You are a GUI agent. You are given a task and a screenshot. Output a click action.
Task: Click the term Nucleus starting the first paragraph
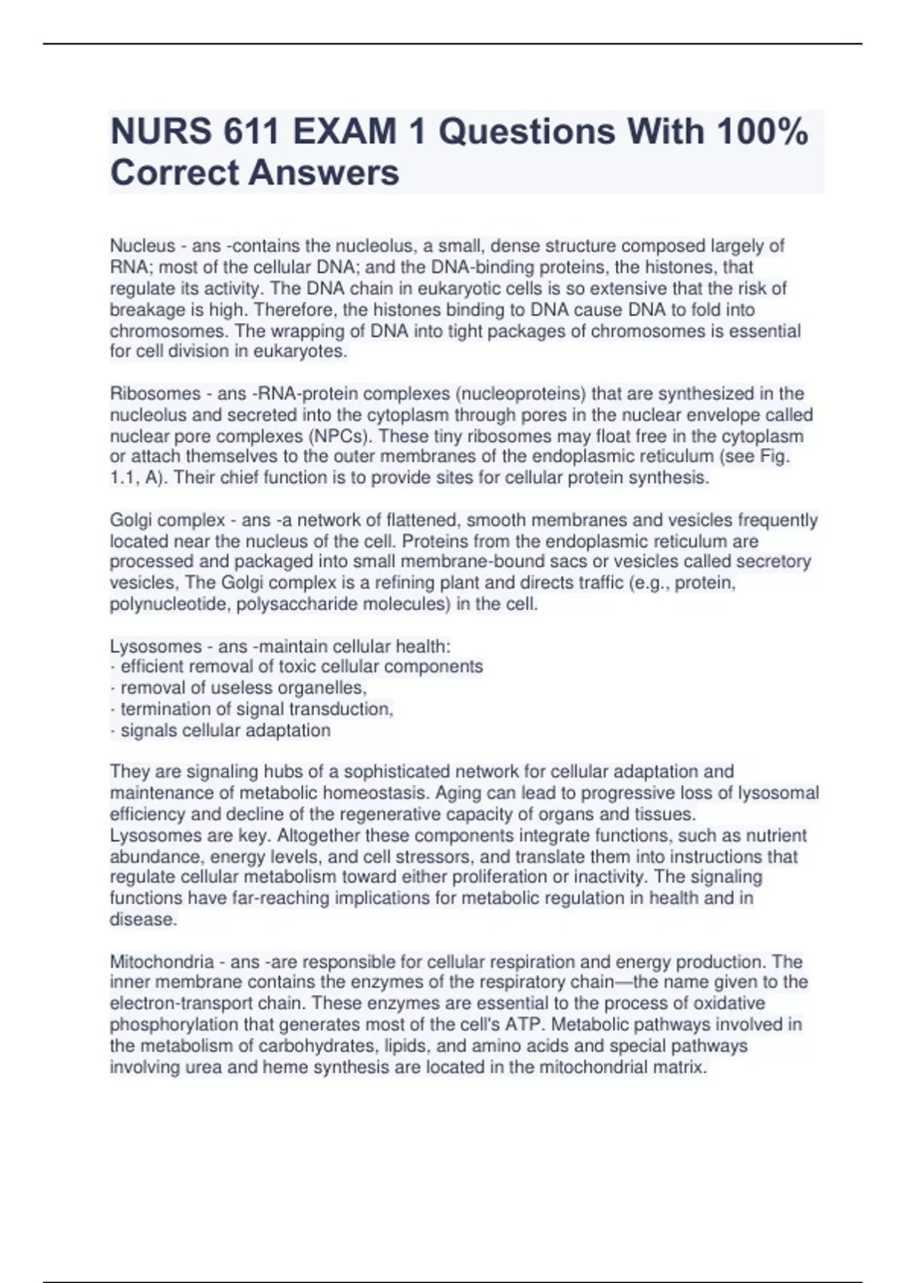click(143, 246)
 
